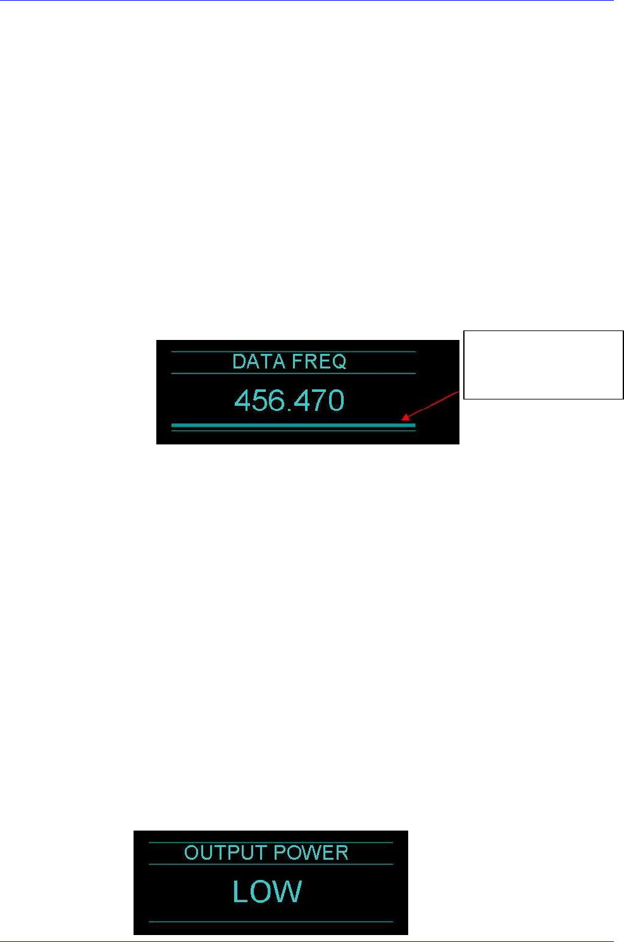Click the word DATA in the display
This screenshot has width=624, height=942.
pos(256,361)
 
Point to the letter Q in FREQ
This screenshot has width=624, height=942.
pos(339,362)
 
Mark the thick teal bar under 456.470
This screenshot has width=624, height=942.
pos(293,425)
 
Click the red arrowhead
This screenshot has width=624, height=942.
pos(406,417)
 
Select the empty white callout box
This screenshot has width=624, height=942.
pos(543,365)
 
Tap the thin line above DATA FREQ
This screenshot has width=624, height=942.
pos(293,351)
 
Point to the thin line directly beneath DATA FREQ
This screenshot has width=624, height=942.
pos(293,374)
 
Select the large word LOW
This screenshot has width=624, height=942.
pos(267,891)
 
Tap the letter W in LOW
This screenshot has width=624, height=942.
pos(289,891)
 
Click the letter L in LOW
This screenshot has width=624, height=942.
pos(240,891)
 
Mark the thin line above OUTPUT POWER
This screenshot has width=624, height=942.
pos(270,843)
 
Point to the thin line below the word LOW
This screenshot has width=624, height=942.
pos(270,922)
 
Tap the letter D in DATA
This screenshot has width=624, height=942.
pos(239,361)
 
